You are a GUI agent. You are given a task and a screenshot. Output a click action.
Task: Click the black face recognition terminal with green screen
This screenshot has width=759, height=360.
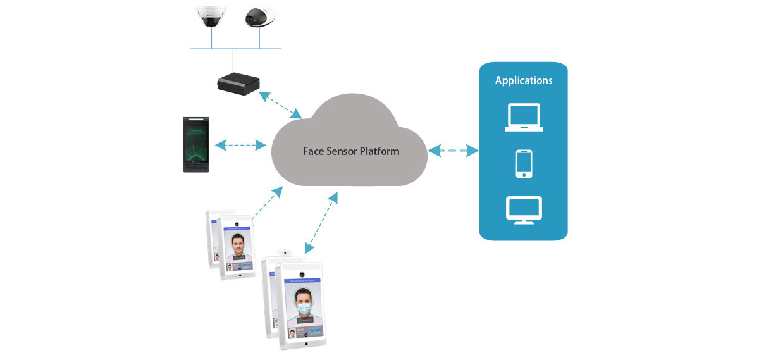196,145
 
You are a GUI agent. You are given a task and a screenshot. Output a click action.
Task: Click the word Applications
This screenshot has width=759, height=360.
523,80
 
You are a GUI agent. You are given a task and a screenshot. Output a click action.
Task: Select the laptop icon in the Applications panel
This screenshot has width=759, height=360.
523,118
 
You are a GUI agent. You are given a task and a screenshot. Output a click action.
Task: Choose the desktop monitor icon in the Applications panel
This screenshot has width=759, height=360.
523,209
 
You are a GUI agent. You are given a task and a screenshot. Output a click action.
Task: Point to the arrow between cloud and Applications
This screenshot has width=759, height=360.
452,151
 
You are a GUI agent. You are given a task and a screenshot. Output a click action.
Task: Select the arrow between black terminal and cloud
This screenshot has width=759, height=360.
240,146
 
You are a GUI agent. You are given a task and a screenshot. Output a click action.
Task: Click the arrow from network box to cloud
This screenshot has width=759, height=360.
278,104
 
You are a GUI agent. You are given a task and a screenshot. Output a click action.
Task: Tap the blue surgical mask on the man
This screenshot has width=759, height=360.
305,308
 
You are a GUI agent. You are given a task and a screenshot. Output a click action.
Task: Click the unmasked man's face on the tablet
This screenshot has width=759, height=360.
237,244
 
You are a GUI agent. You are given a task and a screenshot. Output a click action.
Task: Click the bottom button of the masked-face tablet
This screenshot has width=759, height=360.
306,345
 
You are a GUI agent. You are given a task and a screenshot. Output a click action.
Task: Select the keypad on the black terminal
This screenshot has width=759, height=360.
195,166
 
